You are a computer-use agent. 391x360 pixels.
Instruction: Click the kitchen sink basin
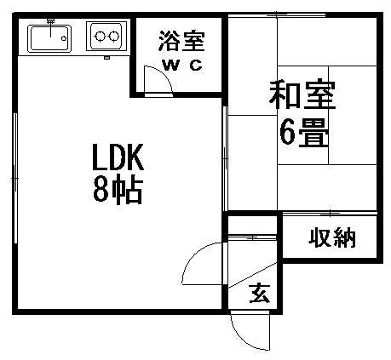coord(49,38)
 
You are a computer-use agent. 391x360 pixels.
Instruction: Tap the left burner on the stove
coord(100,36)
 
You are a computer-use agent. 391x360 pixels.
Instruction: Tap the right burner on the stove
coord(114,36)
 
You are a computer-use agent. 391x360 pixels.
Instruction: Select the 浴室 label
coord(181,41)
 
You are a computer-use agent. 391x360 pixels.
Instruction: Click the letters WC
coord(182,66)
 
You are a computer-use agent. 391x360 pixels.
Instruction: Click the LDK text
coord(118,157)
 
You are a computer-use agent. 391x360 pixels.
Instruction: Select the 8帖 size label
coord(118,190)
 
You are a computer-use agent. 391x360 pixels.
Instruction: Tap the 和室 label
coord(302,94)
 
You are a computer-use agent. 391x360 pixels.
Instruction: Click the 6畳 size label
coord(304,133)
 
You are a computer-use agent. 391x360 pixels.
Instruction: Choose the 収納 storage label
coord(332,237)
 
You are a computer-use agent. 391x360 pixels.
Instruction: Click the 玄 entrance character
coord(259,293)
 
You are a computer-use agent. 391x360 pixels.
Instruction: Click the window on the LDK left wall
coord(15,178)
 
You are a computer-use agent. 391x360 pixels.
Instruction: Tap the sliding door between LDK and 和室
coord(225,158)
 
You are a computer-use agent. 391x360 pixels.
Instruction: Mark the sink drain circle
coord(64,38)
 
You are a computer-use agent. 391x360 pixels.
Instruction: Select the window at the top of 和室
coord(277,15)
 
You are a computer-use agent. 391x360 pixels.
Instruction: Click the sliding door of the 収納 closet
coord(330,213)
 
